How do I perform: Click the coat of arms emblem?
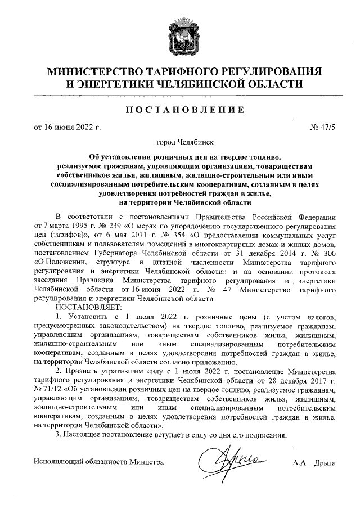coord(181,35)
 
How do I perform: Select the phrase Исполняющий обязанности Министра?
coord(98,462)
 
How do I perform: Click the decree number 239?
coord(103,227)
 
